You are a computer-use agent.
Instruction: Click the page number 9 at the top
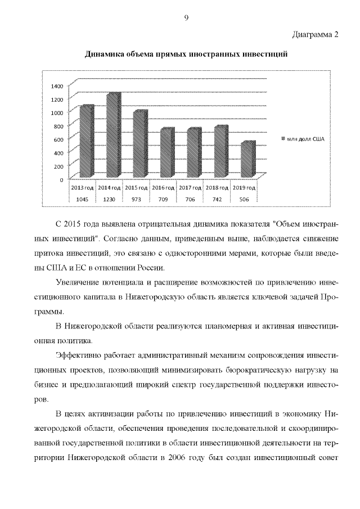pyautogui.click(x=186, y=18)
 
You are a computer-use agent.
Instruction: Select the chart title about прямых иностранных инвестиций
pyautogui.click(x=186, y=55)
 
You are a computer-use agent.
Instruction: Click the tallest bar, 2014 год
pyautogui.click(x=112, y=135)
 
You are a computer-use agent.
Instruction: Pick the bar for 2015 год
pyautogui.click(x=138, y=143)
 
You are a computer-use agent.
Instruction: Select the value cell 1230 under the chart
pyautogui.click(x=109, y=199)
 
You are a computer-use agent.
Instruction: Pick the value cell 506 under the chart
pyautogui.click(x=244, y=199)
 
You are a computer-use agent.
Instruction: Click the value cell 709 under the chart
pyautogui.click(x=163, y=199)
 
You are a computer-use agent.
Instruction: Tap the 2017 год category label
pyautogui.click(x=190, y=187)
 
